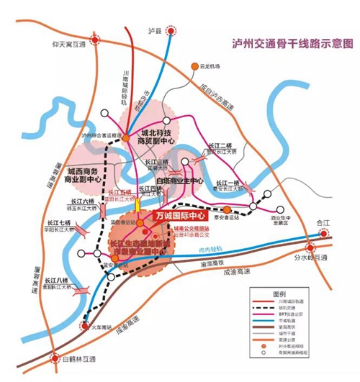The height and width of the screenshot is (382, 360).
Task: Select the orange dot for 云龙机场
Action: pos(194,67)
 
